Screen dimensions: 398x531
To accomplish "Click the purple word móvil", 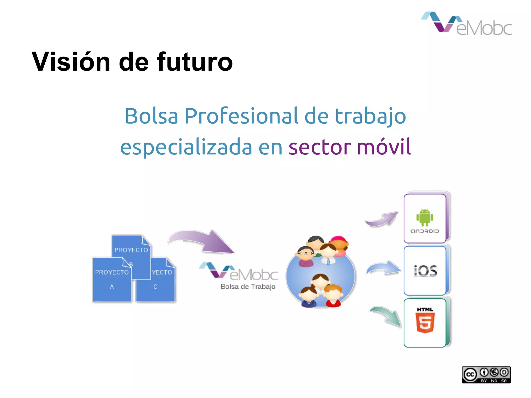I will pyautogui.click(x=384, y=147).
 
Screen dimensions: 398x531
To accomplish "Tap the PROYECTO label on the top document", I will pyautogui.click(x=131, y=250).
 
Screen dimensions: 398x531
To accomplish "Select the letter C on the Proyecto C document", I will pyautogui.click(x=155, y=287).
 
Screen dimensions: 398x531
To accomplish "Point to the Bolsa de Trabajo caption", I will pyautogui.click(x=248, y=287).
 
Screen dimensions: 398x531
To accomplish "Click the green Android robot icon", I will pyautogui.click(x=425, y=217).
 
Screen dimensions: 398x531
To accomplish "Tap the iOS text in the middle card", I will pyautogui.click(x=425, y=271).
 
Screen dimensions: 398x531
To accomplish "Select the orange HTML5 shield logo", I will pyautogui.click(x=425, y=322).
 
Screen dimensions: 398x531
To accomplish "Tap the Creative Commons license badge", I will pyautogui.click(x=486, y=374).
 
